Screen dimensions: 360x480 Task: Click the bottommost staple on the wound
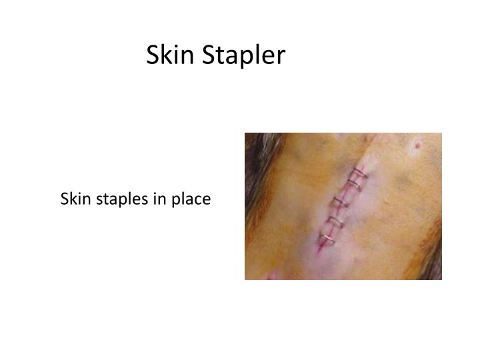coord(327,238)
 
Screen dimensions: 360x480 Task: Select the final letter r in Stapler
coord(281,58)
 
